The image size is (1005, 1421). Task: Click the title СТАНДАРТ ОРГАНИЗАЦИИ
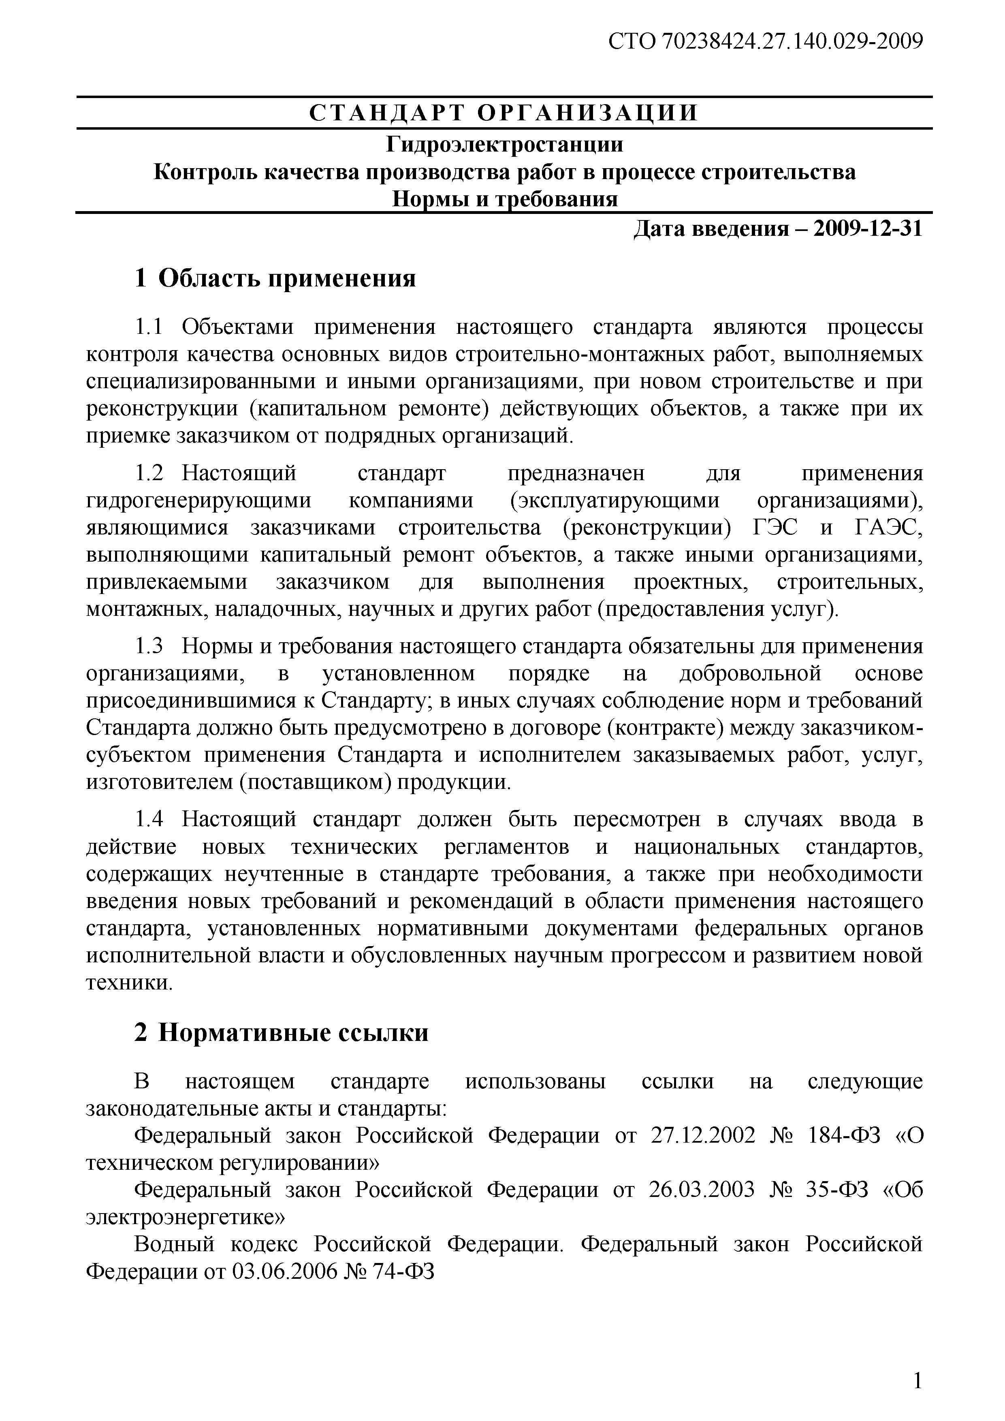coord(504,113)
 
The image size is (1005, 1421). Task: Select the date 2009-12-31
coord(868,229)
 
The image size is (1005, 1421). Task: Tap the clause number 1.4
coord(149,819)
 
